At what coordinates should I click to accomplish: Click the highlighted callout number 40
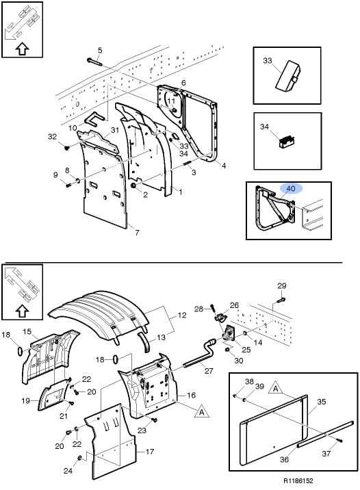[291, 189]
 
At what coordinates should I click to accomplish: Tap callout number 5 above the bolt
[100, 51]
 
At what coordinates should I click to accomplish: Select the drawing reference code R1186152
[298, 480]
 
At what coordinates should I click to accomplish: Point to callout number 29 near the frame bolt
[282, 285]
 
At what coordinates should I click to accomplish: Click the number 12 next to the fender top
[182, 315]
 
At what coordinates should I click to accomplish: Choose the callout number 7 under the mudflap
[137, 233]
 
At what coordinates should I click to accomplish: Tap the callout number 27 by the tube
[209, 371]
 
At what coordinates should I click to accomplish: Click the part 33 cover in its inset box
[287, 76]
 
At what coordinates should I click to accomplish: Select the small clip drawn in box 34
[287, 142]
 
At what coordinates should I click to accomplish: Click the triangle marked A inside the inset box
[275, 387]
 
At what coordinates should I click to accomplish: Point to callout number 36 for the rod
[284, 459]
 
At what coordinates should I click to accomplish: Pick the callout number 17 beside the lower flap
[150, 452]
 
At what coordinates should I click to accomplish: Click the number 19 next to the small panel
[25, 400]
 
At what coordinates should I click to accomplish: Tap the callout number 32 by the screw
[52, 137]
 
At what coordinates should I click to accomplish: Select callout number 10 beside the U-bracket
[72, 128]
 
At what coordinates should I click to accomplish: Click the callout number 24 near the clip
[68, 471]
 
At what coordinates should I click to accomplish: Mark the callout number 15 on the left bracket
[27, 331]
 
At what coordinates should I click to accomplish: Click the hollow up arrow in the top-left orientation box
[22, 49]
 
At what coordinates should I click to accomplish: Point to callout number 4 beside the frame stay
[224, 166]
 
